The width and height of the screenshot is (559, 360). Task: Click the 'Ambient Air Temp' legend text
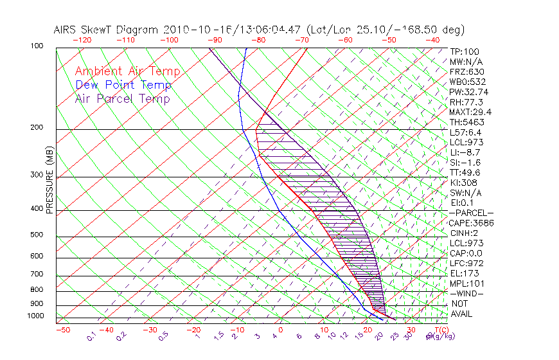point(127,72)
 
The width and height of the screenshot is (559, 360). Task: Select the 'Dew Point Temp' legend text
point(123,85)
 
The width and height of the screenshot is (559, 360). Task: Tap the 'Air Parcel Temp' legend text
point(122,99)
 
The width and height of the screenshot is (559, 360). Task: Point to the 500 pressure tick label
point(37,235)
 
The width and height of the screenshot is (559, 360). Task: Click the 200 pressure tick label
point(37,128)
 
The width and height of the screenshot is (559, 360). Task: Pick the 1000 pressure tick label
point(35,316)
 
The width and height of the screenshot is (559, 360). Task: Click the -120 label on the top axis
point(82,40)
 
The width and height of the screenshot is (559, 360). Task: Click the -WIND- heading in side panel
point(467,294)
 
